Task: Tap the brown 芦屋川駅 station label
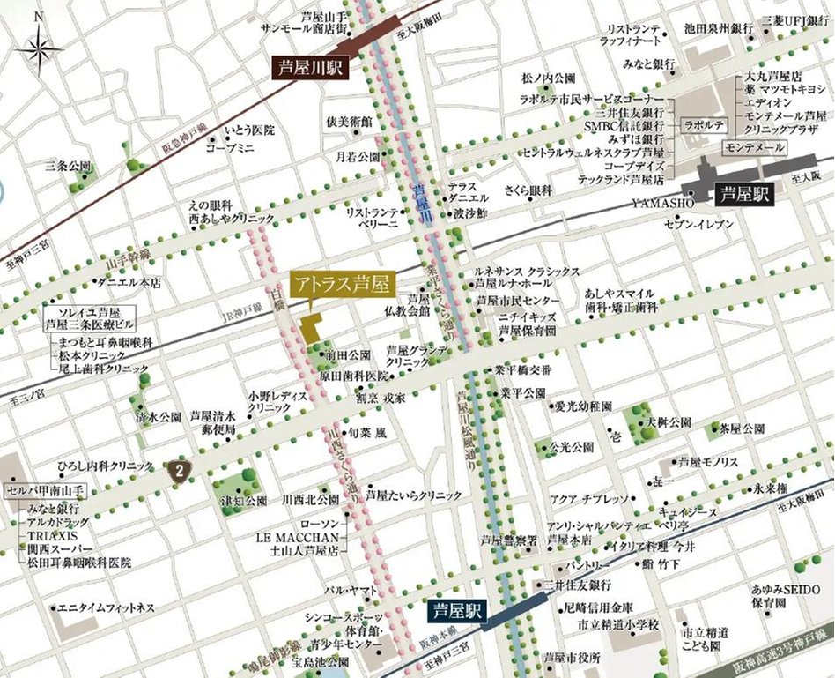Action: [311, 69]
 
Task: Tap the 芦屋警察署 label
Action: [508, 539]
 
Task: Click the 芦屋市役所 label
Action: [573, 658]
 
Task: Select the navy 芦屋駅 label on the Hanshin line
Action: [458, 610]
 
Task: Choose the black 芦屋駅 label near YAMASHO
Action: [744, 195]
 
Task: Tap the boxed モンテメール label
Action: [752, 146]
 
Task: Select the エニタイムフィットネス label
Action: [106, 608]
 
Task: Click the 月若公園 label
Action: [357, 156]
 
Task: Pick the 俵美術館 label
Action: [350, 122]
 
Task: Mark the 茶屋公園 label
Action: [740, 429]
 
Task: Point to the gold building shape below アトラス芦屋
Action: [311, 328]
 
